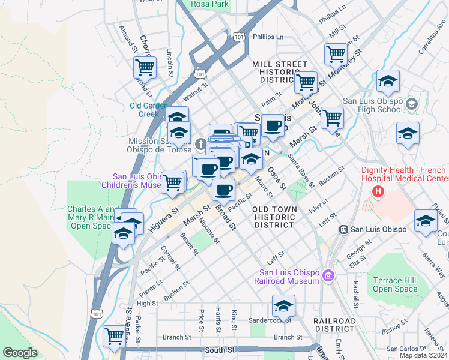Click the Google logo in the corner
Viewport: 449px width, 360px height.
pos(20,353)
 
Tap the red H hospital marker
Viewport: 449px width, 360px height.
pos(378,193)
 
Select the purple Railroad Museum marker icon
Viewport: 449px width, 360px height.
pos(328,275)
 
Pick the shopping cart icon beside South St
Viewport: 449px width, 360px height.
pos(113,337)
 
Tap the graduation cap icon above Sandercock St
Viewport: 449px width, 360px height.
pos(283,306)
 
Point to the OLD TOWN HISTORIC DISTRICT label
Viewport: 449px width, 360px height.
pos(274,217)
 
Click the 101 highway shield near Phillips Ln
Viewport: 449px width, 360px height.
pos(239,37)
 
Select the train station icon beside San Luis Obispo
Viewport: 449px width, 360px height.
pos(344,229)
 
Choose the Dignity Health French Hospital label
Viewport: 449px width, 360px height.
pos(403,173)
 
